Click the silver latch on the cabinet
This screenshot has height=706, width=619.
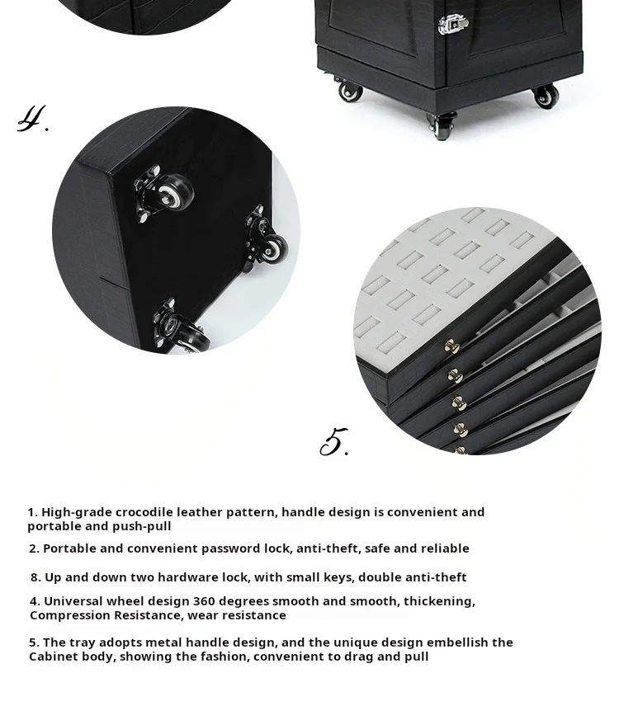tap(453, 24)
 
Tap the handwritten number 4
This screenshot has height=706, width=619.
tap(31, 120)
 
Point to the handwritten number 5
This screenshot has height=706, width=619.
tap(333, 442)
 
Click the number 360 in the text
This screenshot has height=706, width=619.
tap(204, 601)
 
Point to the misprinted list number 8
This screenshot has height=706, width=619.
tap(35, 577)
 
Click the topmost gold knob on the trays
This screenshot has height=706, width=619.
tap(451, 346)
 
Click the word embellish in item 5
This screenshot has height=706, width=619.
tap(456, 642)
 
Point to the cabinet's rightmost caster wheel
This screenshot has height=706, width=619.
tap(546, 96)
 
